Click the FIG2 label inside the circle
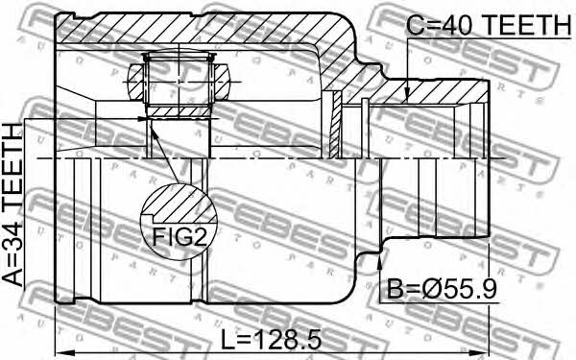(x=180, y=237)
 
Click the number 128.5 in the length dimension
(x=288, y=339)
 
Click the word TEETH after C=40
(x=527, y=25)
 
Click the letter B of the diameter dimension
(x=395, y=290)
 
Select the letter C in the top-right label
(x=415, y=25)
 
